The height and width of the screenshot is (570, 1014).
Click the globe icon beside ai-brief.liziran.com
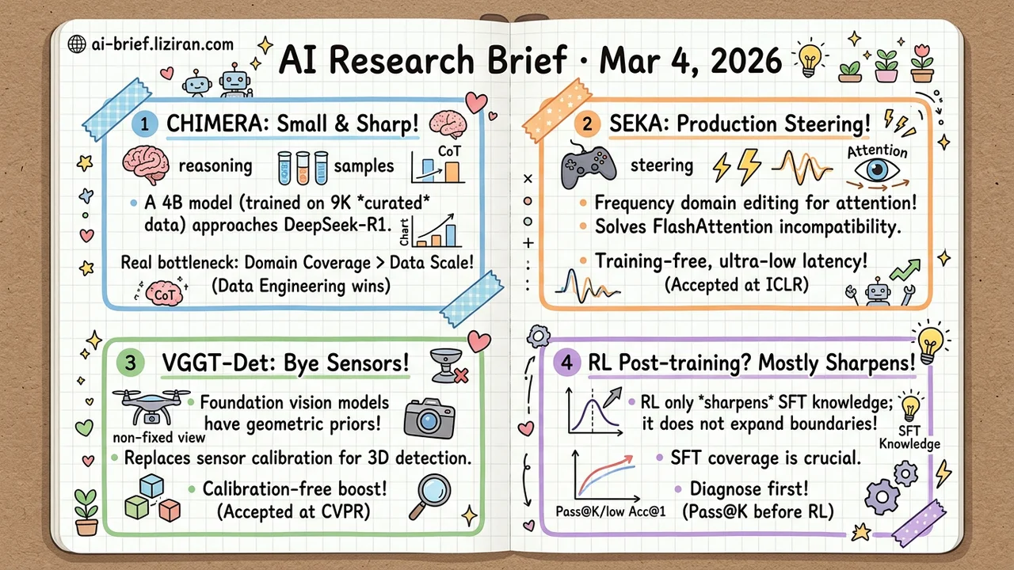pos(77,44)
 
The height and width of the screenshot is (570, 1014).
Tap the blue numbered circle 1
pos(144,124)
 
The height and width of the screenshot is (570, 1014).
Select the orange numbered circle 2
pos(587,124)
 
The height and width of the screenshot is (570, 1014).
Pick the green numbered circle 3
pos(131,363)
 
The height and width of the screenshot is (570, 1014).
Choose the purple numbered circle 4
pos(566,363)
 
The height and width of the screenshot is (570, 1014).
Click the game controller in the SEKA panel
pos(588,165)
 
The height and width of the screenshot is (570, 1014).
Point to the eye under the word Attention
pos(877,171)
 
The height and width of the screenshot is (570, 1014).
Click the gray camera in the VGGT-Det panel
pos(429,419)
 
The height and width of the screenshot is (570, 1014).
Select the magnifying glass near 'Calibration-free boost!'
pos(430,496)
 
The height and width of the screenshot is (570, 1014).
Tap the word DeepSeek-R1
pos(337,226)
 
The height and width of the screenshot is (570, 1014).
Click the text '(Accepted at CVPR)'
pos(293,511)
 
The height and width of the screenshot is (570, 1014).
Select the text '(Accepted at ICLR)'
pos(737,285)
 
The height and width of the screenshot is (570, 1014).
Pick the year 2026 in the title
pos(746,60)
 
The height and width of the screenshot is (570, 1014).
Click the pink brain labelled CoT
pos(164,294)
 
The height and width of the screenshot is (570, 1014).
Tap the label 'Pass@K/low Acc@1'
pos(611,511)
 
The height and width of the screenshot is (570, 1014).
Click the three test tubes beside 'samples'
pos(303,168)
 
